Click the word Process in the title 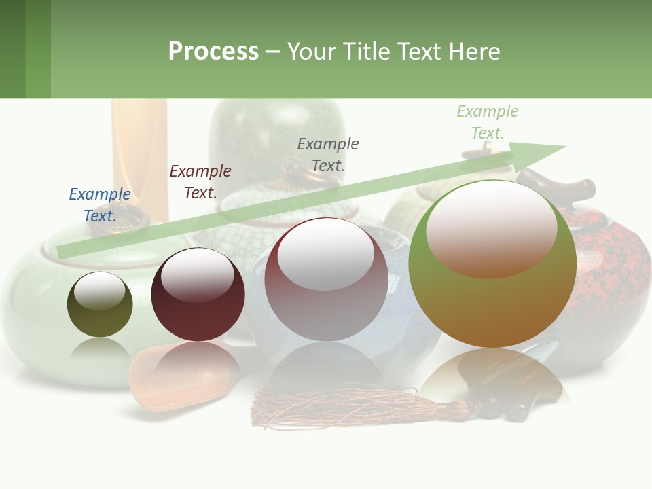tap(213, 51)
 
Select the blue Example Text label tap(100, 205)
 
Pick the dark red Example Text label tap(200, 182)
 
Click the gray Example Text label tap(328, 154)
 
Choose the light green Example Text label tap(488, 122)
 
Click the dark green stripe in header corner tap(12, 49)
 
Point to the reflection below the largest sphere tap(492, 380)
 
